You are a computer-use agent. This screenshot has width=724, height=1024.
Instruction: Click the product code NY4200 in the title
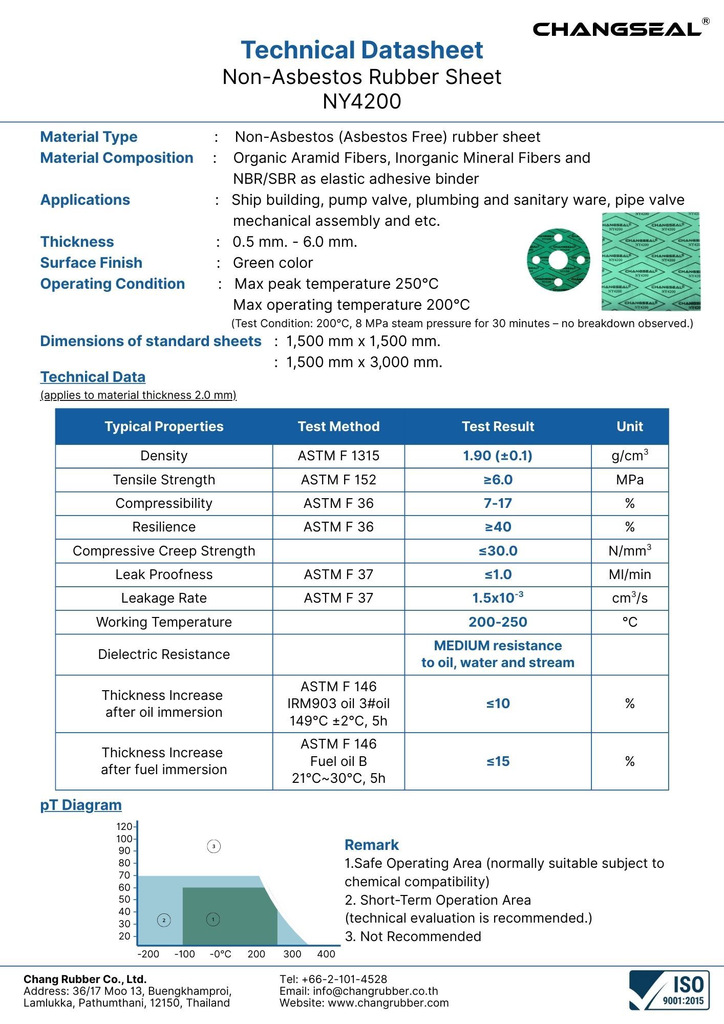tap(361, 101)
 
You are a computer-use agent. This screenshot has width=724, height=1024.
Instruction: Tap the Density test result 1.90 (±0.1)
tap(497, 456)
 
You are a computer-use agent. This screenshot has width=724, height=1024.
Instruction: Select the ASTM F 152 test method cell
tap(338, 480)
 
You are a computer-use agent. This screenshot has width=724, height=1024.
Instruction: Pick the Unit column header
tap(629, 426)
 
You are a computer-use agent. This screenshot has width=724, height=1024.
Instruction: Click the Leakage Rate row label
tap(164, 598)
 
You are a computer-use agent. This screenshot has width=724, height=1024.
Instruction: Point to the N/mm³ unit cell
tap(629, 550)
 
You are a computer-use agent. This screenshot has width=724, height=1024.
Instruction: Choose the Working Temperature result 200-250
tap(497, 622)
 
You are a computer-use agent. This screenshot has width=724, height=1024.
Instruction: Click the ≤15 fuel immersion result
tap(497, 761)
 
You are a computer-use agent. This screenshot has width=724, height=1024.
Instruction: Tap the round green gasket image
tap(558, 260)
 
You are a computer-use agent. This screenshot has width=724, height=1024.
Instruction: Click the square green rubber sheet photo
tap(651, 261)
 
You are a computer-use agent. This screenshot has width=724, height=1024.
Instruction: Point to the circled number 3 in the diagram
tap(214, 846)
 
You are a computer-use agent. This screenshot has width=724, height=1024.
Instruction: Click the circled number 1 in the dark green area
tap(213, 920)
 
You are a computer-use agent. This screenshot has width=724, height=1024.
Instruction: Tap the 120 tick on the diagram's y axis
tap(124, 827)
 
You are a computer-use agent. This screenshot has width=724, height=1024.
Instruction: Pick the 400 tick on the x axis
tap(326, 954)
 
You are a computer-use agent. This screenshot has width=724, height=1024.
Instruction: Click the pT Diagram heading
tap(81, 805)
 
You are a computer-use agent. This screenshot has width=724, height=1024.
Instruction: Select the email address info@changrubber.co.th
tap(375, 991)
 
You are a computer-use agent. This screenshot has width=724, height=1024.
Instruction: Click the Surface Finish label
tap(91, 263)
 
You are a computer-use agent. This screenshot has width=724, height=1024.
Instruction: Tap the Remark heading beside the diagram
tap(371, 845)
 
